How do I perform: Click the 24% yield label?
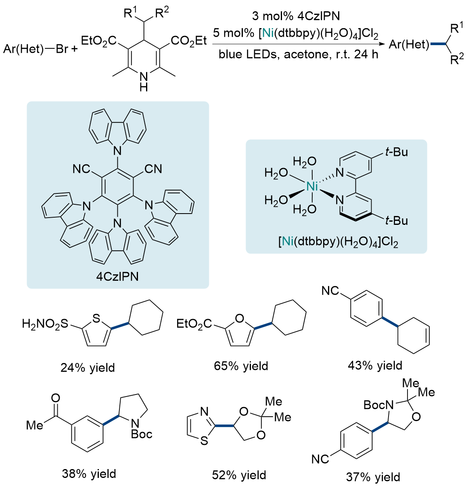[88, 368]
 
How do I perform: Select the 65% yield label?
[241, 366]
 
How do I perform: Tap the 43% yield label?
[375, 365]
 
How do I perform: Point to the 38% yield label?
[89, 473]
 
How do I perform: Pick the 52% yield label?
[239, 475]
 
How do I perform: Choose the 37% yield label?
[373, 477]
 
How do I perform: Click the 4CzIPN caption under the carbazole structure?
[117, 276]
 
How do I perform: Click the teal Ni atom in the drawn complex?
[312, 186]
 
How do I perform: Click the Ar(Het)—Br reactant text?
[36, 49]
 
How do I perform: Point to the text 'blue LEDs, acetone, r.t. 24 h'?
[299, 54]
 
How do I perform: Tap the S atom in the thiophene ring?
[96, 319]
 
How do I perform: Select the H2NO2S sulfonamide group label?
[45, 324]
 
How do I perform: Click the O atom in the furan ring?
[239, 319]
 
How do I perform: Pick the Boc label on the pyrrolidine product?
[142, 434]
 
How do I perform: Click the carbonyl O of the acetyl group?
[55, 398]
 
